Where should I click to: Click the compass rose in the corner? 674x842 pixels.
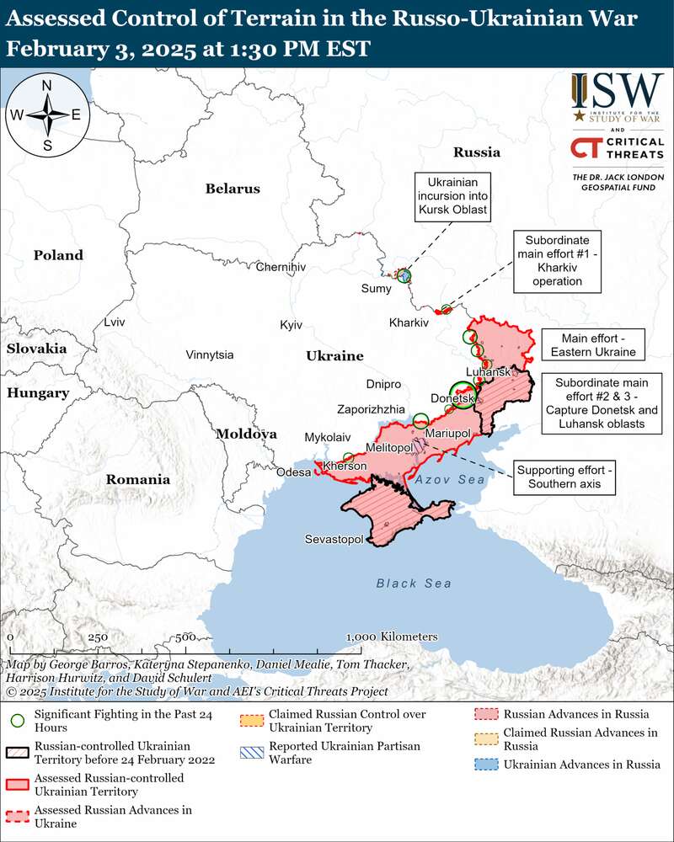(47, 115)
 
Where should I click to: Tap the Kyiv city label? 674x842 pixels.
(291, 325)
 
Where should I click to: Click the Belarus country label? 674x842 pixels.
(233, 189)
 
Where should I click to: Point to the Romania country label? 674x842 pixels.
(137, 479)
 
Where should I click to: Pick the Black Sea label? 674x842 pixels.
(414, 584)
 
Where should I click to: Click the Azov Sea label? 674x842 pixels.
(450, 479)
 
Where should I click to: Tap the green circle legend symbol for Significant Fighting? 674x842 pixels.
(17, 721)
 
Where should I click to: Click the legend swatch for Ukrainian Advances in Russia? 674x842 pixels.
(484, 765)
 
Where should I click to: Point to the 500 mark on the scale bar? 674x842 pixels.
(186, 637)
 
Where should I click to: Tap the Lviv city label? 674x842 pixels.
(114, 322)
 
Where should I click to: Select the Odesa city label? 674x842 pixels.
(294, 472)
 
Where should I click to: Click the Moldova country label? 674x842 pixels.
(246, 434)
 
